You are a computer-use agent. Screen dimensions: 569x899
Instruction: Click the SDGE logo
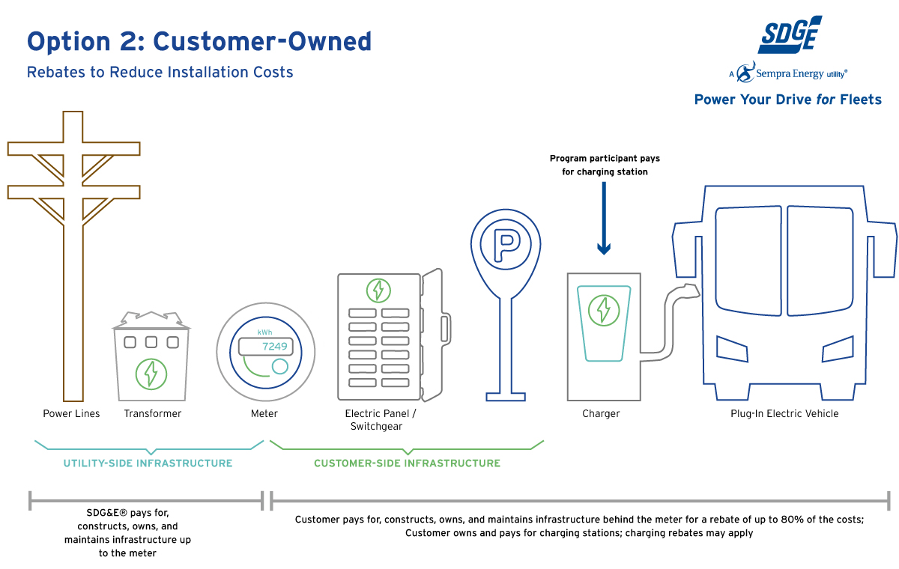[x=790, y=35]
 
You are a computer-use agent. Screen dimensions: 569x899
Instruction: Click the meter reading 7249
[x=274, y=347]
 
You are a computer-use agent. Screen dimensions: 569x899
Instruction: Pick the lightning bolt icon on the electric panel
[x=378, y=290]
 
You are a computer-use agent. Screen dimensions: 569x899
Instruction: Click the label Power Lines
[x=71, y=413]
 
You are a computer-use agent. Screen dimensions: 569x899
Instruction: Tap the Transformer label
[x=153, y=413]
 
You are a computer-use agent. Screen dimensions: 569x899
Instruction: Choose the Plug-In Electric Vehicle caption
[x=785, y=413]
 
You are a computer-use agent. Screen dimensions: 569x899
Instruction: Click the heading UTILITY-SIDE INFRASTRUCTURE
[x=148, y=463]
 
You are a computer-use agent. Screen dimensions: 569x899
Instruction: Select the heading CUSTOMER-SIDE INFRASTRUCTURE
[x=407, y=463]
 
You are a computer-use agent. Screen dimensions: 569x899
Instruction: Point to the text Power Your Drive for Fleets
[x=788, y=100]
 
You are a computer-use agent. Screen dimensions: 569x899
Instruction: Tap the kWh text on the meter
[x=264, y=332]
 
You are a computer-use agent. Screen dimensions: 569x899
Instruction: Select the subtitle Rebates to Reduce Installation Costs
[x=160, y=73]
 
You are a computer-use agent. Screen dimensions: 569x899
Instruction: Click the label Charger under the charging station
[x=601, y=413]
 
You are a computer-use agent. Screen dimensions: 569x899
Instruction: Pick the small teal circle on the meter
[x=280, y=366]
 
